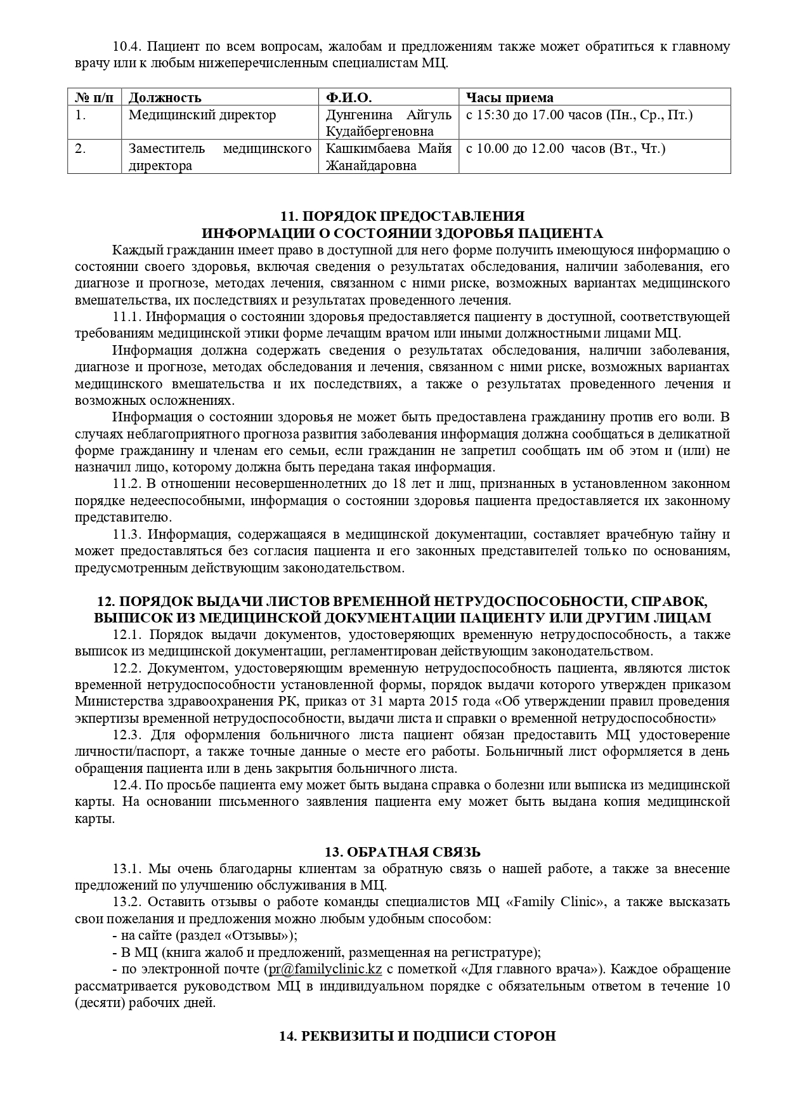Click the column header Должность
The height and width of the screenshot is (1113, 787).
click(165, 97)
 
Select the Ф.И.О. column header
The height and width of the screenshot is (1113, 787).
click(349, 97)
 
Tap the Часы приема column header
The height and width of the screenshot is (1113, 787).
click(510, 97)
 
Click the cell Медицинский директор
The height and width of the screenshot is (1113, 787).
click(202, 115)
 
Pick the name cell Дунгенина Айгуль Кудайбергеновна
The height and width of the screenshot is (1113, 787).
click(388, 123)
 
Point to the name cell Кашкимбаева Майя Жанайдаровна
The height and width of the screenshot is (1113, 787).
click(388, 157)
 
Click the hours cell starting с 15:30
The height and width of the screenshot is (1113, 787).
click(579, 115)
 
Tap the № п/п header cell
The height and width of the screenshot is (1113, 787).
click(94, 97)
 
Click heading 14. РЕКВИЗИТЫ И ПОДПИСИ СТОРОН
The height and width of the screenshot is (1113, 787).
click(417, 1036)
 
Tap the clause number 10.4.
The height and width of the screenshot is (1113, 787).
click(126, 47)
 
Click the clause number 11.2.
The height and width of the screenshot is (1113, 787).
click(126, 484)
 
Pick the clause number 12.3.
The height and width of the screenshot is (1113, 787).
click(126, 735)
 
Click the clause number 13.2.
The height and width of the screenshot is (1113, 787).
click(126, 902)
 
